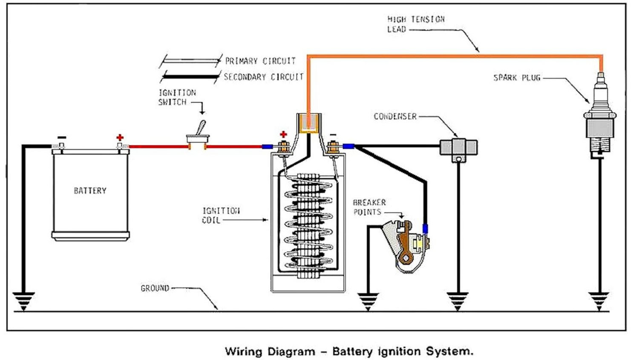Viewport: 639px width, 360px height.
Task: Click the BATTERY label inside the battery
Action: pos(90,190)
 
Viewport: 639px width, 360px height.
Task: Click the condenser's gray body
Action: pos(458,147)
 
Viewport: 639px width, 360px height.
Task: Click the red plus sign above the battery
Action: pos(120,138)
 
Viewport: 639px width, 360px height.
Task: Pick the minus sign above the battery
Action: pos(62,137)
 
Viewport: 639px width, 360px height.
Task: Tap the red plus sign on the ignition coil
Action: pos(283,135)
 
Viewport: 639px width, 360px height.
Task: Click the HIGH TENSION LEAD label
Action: pos(415,24)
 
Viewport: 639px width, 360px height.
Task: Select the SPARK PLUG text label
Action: pos(516,78)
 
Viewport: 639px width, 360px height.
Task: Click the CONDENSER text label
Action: pos(395,116)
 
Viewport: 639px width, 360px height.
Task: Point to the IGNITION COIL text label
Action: pos(221,215)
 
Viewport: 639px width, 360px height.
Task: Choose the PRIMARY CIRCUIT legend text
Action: pos(260,61)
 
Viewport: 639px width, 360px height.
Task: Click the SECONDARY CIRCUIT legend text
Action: pos(264,77)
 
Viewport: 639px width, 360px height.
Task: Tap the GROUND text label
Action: pos(155,288)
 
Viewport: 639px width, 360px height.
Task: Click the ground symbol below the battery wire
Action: pos(23,301)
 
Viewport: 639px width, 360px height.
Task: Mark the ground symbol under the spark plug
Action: pos(599,301)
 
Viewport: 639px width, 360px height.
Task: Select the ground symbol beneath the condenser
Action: pos(458,301)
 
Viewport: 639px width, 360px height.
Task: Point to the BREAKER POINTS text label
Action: pos(369,207)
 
